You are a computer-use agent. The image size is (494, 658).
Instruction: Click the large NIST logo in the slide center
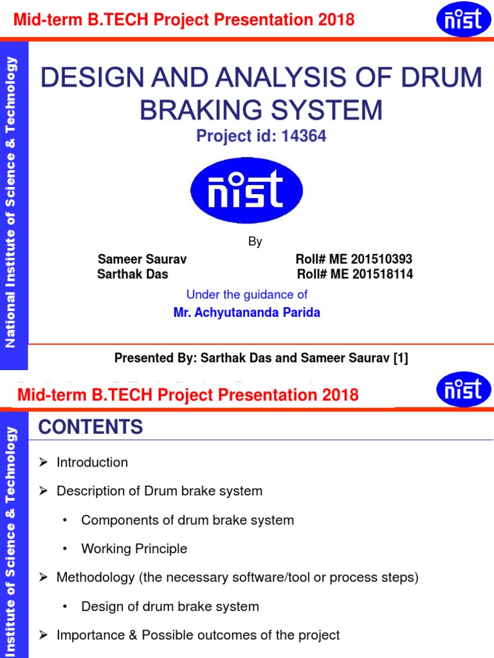pyautogui.click(x=246, y=190)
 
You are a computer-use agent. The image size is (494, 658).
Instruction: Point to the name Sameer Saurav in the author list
pyautogui.click(x=142, y=260)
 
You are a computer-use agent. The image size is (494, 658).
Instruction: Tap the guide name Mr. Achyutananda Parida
pyautogui.click(x=246, y=313)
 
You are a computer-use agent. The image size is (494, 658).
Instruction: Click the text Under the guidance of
pyautogui.click(x=246, y=294)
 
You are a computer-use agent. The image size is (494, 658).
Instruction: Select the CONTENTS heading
pyautogui.click(x=90, y=427)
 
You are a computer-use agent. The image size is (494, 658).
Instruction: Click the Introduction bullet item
pyautogui.click(x=92, y=463)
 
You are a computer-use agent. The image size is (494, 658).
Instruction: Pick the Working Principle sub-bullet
pyautogui.click(x=134, y=549)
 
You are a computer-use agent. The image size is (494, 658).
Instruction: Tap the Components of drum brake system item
pyautogui.click(x=187, y=520)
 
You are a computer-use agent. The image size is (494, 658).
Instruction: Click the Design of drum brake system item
pyautogui.click(x=170, y=607)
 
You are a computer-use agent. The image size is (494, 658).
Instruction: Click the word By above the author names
pyautogui.click(x=255, y=242)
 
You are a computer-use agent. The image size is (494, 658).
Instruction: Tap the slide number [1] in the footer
pyautogui.click(x=401, y=359)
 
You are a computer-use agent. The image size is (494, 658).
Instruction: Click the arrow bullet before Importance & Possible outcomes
pyautogui.click(x=44, y=636)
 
